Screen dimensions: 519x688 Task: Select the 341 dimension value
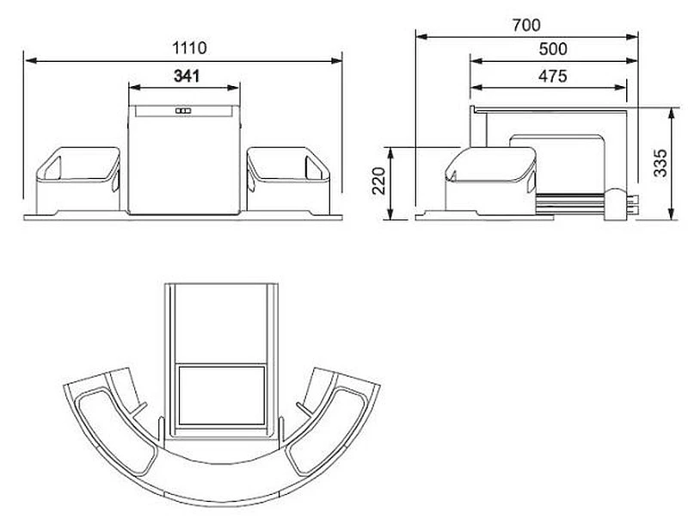click(185, 76)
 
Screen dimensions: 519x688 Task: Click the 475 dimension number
click(551, 76)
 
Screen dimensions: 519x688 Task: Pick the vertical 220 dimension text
click(379, 182)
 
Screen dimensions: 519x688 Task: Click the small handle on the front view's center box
click(182, 112)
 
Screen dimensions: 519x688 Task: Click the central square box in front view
click(183, 164)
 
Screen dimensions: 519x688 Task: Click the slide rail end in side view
click(619, 205)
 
